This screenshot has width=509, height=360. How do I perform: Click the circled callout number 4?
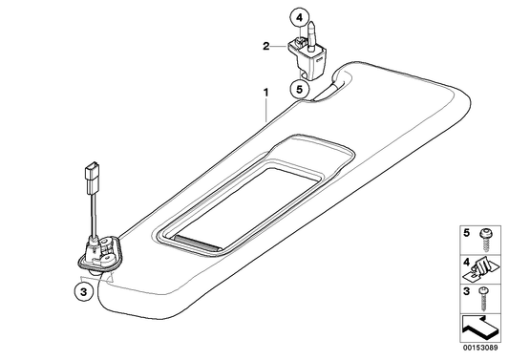point(299,18)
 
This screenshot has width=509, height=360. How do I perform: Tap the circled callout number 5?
point(299,89)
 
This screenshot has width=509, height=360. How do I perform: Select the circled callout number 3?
point(84,292)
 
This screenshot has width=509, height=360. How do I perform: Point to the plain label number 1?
point(266,93)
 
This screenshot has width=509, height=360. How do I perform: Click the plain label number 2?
point(266,47)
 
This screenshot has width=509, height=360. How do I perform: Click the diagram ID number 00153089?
point(480,348)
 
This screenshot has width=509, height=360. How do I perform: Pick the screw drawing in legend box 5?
point(486,240)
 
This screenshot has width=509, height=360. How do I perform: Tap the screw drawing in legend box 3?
point(484,298)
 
